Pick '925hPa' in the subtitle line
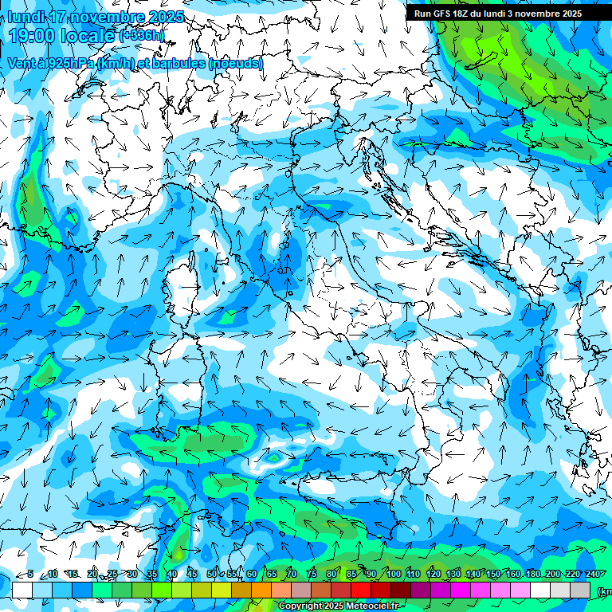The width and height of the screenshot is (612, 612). click(66, 63)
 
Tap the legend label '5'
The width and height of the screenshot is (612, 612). click(30, 574)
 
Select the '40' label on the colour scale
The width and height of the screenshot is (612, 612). click(171, 574)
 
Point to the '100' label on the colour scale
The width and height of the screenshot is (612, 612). click(393, 574)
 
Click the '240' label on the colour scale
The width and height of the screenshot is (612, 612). click(592, 574)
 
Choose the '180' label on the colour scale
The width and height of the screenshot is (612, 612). click(531, 574)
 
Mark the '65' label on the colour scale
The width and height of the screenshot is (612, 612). click(272, 574)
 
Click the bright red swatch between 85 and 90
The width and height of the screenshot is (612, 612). click(361, 590)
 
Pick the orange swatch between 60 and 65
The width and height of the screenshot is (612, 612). click(261, 590)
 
